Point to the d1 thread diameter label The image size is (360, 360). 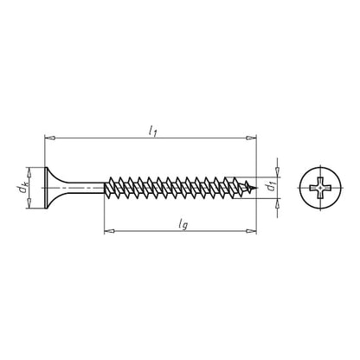click(x=269, y=185)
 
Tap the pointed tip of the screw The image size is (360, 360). click(x=257, y=185)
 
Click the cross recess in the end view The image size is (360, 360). click(x=318, y=185)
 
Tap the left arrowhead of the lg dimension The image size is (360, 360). click(x=107, y=231)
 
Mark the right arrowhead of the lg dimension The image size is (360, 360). click(x=254, y=231)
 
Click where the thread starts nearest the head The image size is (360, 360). click(x=106, y=185)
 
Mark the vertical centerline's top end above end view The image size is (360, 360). click(x=318, y=157)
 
